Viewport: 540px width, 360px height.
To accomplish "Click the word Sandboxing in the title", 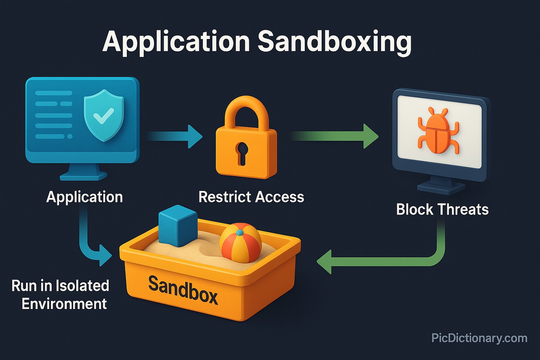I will [x=334, y=41].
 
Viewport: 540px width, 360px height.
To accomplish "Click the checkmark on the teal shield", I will [x=103, y=116].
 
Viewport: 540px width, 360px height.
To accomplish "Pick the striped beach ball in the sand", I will [x=240, y=242].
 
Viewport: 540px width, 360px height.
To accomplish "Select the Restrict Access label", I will [x=251, y=197].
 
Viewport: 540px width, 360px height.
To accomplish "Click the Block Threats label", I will [x=442, y=210].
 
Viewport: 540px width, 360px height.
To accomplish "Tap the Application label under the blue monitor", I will [x=84, y=197].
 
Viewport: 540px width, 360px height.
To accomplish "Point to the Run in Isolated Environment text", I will [x=61, y=295].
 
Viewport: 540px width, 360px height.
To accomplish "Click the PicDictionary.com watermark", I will [x=479, y=338].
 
